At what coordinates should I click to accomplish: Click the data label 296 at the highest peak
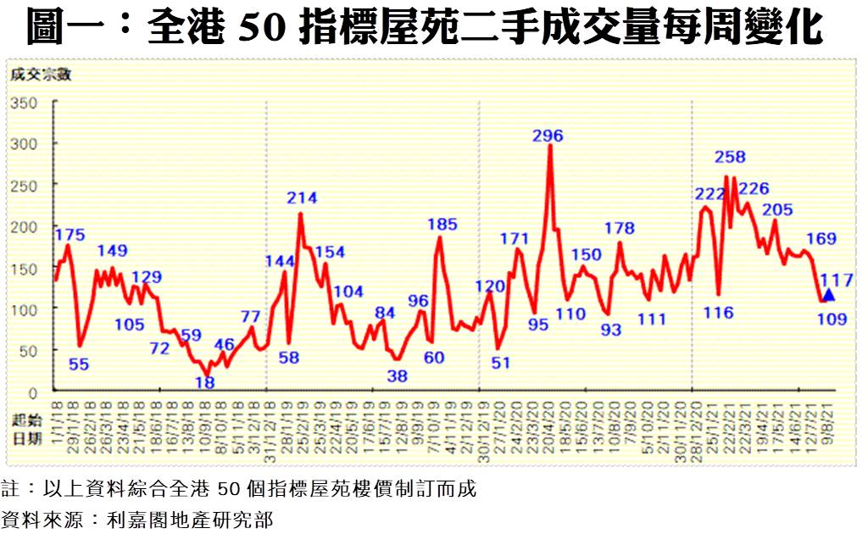pyautogui.click(x=548, y=136)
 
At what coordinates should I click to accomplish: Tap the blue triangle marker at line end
pyautogui.click(x=828, y=295)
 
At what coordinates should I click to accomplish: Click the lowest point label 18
pyautogui.click(x=205, y=383)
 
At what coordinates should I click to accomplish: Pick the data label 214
pyautogui.click(x=302, y=198)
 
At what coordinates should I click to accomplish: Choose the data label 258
pyautogui.click(x=730, y=158)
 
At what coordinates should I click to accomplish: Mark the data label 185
pyautogui.click(x=442, y=225)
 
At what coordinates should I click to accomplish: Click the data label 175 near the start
pyautogui.click(x=70, y=235)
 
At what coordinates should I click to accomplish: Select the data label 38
pyautogui.click(x=397, y=375)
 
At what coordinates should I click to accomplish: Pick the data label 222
pyautogui.click(x=711, y=194)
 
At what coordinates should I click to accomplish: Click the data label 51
pyautogui.click(x=501, y=363)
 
